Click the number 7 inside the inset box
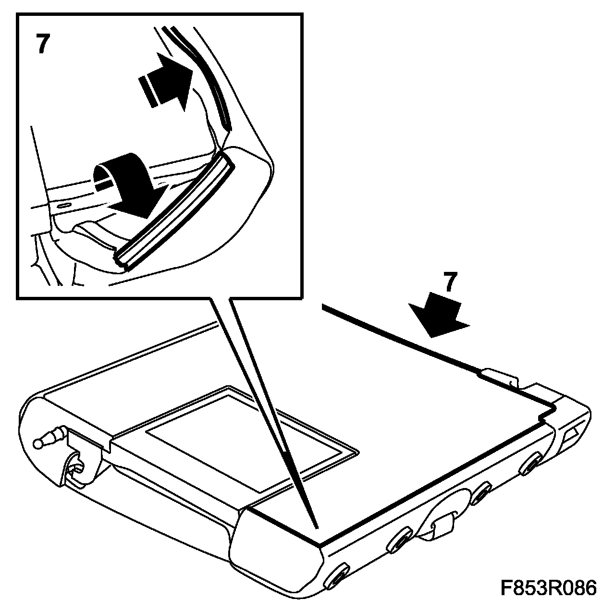click(x=43, y=43)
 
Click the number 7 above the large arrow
click(x=450, y=281)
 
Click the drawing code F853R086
click(x=548, y=588)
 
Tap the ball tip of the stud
click(x=38, y=444)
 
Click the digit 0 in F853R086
click(x=563, y=588)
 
